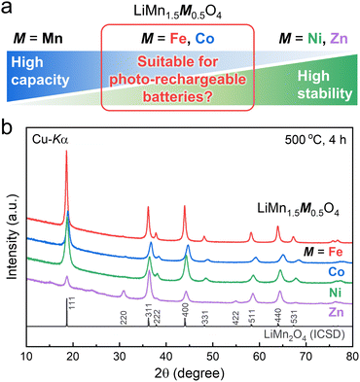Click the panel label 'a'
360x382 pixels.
click(x=8, y=8)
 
